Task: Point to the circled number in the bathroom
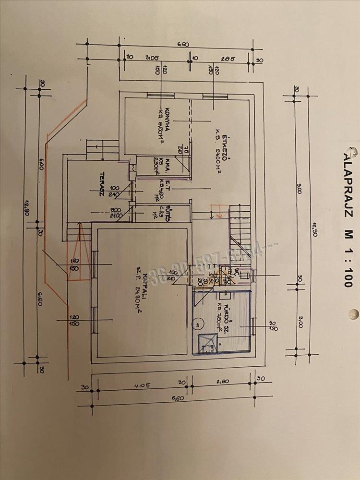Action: [197, 324]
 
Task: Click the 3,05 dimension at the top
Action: [153, 59]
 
